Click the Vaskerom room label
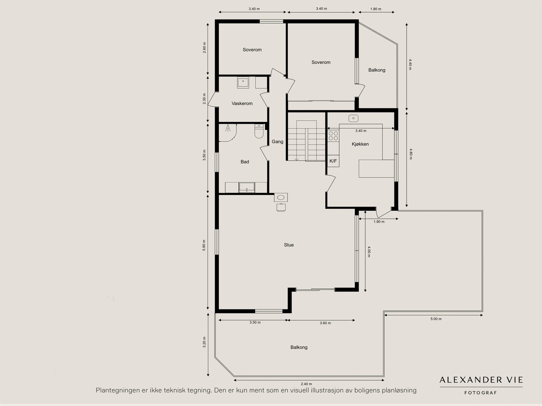(x=242, y=103)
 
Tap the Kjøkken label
(x=360, y=144)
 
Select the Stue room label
(x=289, y=245)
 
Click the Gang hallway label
(x=277, y=142)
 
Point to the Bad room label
(x=245, y=162)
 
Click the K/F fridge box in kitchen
(x=333, y=161)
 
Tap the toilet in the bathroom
(x=259, y=132)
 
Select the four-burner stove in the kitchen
(x=333, y=136)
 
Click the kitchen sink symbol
(x=353, y=118)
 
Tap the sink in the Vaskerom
(x=243, y=82)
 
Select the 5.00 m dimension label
(x=436, y=319)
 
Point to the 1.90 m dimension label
(x=379, y=222)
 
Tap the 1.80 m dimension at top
(x=376, y=9)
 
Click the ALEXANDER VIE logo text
(x=481, y=380)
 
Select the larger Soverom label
(x=321, y=62)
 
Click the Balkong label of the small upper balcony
(x=377, y=70)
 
